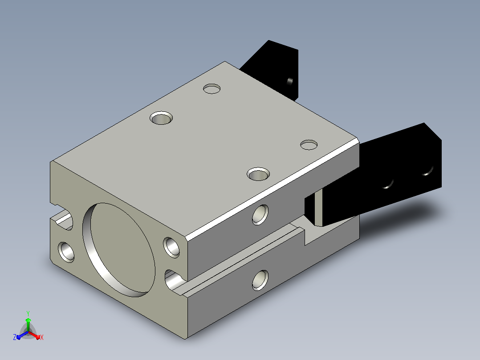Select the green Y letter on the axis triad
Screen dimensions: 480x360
28,313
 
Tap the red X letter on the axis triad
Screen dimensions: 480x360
42,337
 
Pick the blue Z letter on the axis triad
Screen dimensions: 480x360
15,337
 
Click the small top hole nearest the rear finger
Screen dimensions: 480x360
212,89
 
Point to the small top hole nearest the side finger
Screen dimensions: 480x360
309,145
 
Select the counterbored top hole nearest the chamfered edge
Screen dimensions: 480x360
258,174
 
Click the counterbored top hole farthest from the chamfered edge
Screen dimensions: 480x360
161,118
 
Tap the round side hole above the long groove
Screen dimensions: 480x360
260,215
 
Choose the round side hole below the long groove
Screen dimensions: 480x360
260,280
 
